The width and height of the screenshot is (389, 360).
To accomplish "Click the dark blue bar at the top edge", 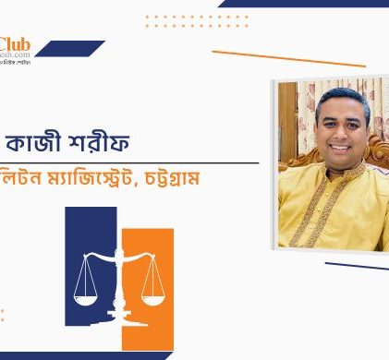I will coord(305,3).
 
